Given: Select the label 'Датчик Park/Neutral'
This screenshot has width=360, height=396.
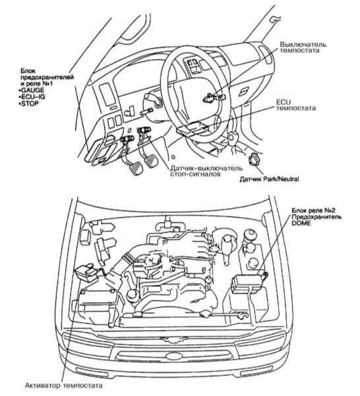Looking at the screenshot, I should tap(269, 178).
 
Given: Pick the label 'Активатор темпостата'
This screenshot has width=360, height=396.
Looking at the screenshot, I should tap(63, 386).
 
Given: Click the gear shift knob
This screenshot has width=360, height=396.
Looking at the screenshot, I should tap(233, 135).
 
